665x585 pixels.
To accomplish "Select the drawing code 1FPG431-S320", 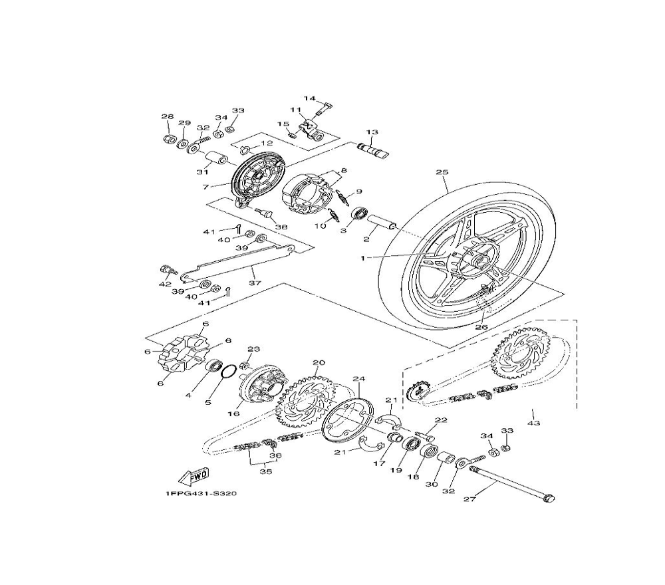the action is [201, 494].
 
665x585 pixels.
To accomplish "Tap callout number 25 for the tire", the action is [442, 173].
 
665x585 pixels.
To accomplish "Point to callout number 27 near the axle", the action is [469, 499].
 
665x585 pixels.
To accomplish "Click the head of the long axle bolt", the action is [549, 499].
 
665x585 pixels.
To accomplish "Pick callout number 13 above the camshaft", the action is [372, 132].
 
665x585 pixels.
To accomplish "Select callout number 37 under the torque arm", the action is [255, 283].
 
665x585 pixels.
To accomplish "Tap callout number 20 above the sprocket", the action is [319, 362].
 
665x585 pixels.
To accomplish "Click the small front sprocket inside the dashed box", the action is [418, 391].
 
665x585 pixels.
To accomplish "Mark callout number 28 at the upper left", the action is [168, 116].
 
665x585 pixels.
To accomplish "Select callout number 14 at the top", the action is [310, 98].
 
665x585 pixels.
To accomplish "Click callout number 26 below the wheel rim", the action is [481, 327].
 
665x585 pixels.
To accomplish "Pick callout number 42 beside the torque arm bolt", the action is [165, 284].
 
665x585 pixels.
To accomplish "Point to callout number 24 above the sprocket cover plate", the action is [359, 378].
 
